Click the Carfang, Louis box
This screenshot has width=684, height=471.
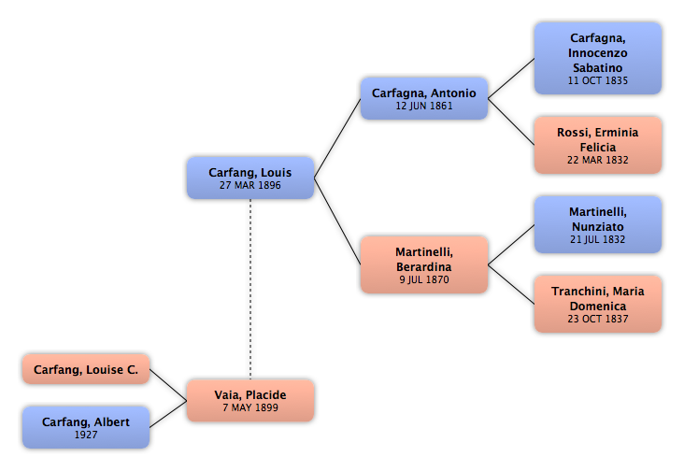click(x=250, y=178)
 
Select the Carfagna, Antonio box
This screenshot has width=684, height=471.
click(x=424, y=98)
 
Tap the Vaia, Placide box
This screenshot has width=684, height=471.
click(x=250, y=400)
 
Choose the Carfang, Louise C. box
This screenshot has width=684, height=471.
click(x=86, y=369)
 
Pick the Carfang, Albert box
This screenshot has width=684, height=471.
click(x=86, y=427)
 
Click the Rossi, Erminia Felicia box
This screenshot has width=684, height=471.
click(x=598, y=145)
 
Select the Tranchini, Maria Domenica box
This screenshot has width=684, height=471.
click(x=598, y=304)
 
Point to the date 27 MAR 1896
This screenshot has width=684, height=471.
click(x=250, y=185)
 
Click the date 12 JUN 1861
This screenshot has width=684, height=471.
click(x=424, y=106)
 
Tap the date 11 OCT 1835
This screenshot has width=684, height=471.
click(x=598, y=80)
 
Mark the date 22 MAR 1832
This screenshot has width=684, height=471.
click(x=598, y=160)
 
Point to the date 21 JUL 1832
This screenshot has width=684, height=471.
click(x=598, y=239)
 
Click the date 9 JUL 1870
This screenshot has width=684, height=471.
click(x=424, y=279)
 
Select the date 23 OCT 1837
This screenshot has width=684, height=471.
click(x=598, y=319)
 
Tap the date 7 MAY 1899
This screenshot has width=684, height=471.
click(x=250, y=407)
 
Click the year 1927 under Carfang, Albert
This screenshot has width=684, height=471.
click(x=86, y=435)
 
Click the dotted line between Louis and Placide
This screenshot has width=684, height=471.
click(x=250, y=289)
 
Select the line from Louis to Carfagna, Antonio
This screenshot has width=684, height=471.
click(x=337, y=138)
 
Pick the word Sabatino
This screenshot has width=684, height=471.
click(x=598, y=68)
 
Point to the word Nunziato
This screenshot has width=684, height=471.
click(x=598, y=227)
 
